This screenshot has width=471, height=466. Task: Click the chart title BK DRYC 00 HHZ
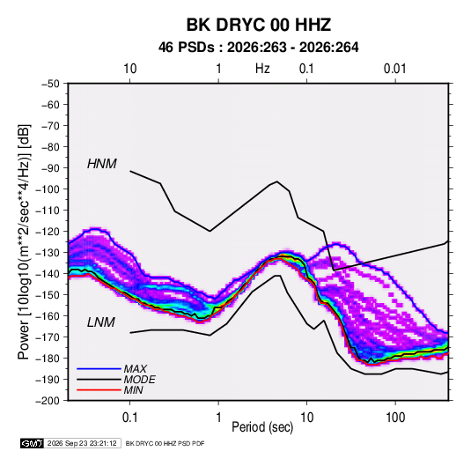point(259,25)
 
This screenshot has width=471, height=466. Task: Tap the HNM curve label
point(102,164)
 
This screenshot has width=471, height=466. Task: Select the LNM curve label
point(101,322)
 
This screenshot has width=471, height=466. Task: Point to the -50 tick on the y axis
point(50,84)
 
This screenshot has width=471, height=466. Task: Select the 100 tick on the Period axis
point(395,418)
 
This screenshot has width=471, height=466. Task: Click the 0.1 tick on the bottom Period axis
point(129,418)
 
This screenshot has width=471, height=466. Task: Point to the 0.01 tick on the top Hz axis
point(395,69)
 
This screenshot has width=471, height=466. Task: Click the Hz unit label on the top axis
point(262,69)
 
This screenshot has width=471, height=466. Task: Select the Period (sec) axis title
point(262,427)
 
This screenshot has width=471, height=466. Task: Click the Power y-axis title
point(24,241)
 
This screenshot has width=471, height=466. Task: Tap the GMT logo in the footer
point(32,443)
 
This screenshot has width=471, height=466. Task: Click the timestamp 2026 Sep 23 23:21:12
point(82,443)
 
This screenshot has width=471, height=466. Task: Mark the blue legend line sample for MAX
point(99,368)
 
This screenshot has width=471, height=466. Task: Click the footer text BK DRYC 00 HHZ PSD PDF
point(165,443)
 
